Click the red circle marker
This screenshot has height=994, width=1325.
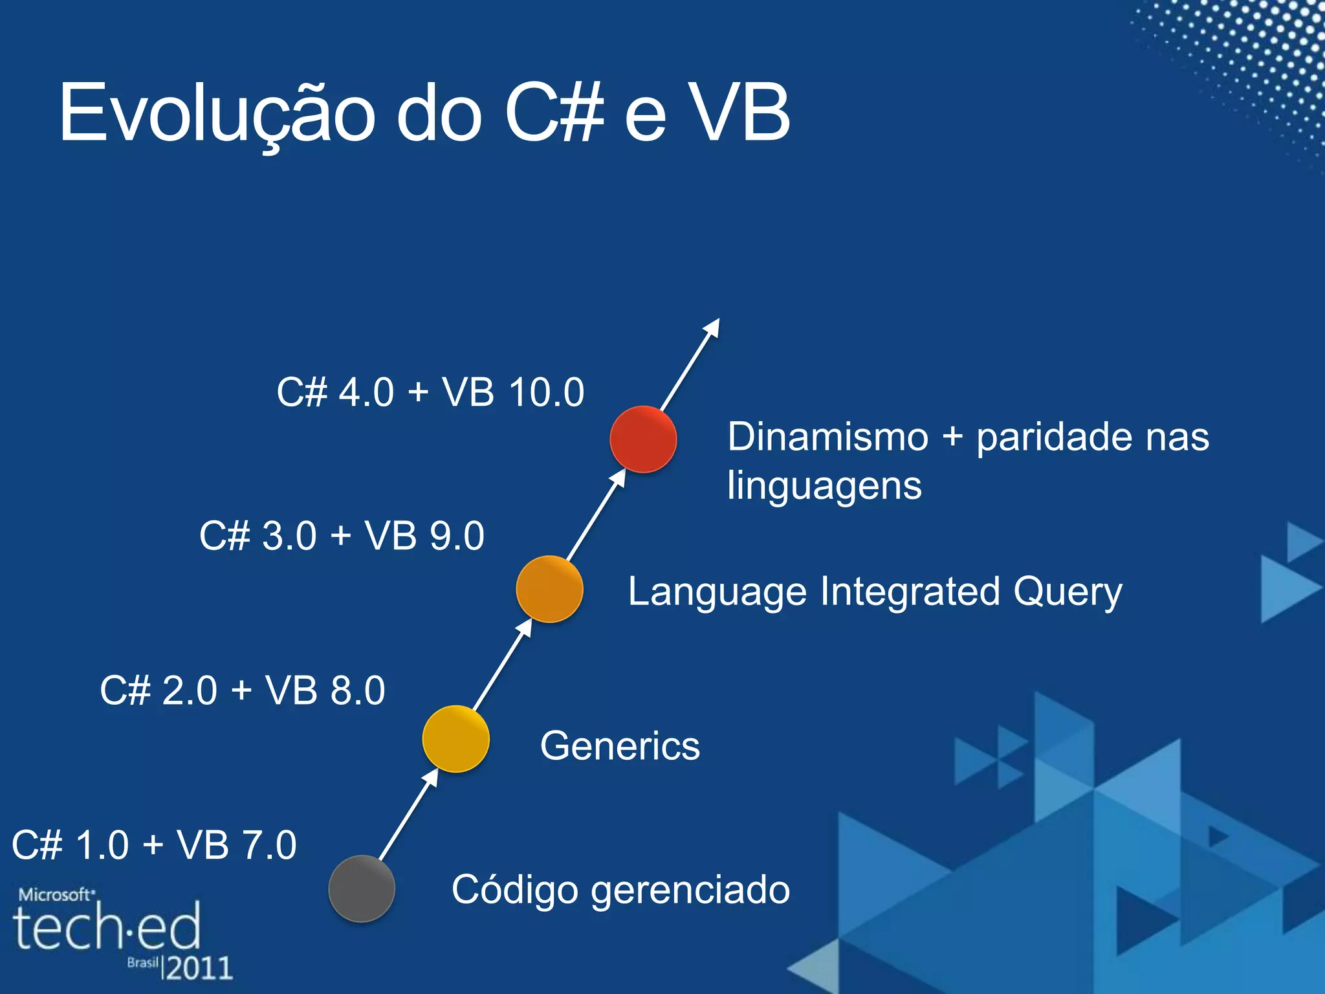[x=643, y=439]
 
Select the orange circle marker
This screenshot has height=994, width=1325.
[x=549, y=589]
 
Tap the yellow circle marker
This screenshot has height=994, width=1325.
[x=455, y=739]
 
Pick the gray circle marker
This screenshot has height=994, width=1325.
[x=362, y=889]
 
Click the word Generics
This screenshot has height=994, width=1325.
[x=620, y=745]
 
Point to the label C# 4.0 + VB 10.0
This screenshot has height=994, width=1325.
[x=430, y=392]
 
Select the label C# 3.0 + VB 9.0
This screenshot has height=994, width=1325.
[x=342, y=536]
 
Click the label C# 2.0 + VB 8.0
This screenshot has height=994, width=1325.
[x=243, y=690]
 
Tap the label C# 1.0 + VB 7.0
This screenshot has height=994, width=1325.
[x=154, y=845]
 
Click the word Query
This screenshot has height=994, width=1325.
[x=1068, y=593]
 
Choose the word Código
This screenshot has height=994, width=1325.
[x=514, y=890]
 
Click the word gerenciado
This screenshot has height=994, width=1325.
[x=690, y=890]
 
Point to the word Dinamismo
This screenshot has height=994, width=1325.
[x=828, y=437]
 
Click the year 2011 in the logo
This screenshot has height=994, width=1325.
[x=199, y=968]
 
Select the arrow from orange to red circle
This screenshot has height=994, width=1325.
[x=596, y=514]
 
